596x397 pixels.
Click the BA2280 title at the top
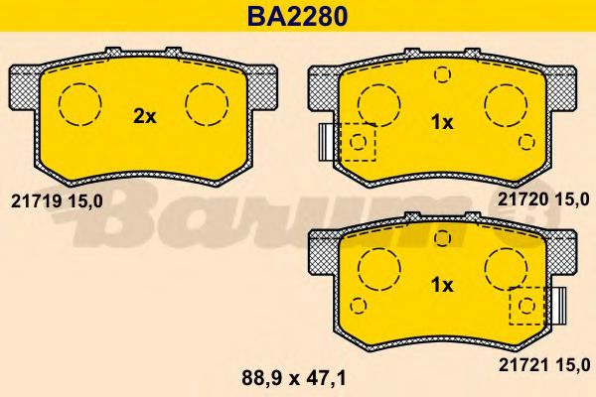pyautogui.click(x=298, y=16)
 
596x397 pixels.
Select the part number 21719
pyautogui.click(x=36, y=201)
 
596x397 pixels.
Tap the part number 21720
pyautogui.click(x=522, y=199)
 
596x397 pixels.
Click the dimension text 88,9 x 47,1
pyautogui.click(x=294, y=378)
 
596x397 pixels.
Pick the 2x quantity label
pyautogui.click(x=145, y=117)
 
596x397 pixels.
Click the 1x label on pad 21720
pyautogui.click(x=442, y=123)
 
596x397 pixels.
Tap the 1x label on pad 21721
pyautogui.click(x=442, y=285)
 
